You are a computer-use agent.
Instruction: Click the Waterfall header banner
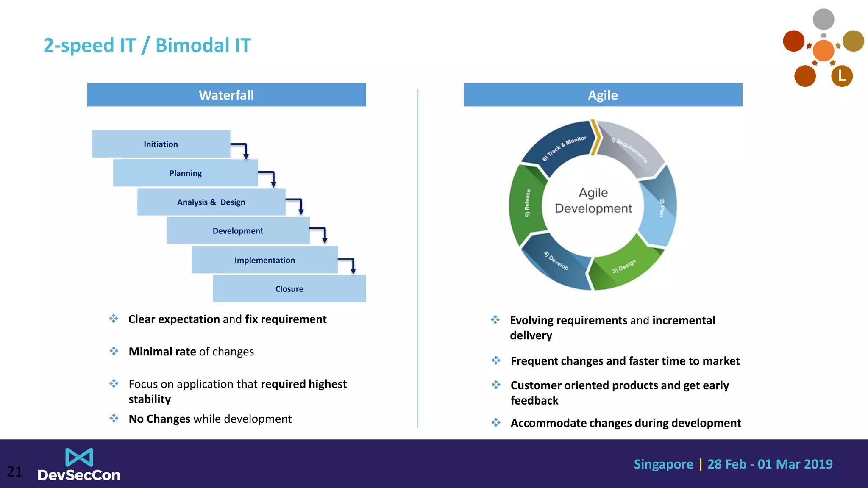click(x=226, y=95)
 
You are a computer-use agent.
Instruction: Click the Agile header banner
click(x=603, y=95)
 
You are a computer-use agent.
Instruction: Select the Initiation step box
click(x=161, y=144)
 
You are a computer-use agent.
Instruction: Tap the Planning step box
click(x=185, y=173)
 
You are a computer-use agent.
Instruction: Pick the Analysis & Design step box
click(x=211, y=202)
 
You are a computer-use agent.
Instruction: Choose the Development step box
click(x=238, y=231)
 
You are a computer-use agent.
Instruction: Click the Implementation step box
click(x=264, y=260)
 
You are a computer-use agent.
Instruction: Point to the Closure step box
click(x=289, y=289)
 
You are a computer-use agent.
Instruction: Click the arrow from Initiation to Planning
click(x=242, y=149)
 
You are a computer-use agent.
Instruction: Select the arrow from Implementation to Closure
click(x=349, y=263)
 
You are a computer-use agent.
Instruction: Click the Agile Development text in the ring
click(x=593, y=200)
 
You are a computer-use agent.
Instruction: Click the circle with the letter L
click(x=842, y=76)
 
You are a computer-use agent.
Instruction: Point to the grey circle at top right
click(x=823, y=19)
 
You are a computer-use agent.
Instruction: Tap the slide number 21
click(x=14, y=471)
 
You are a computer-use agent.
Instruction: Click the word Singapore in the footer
click(x=663, y=464)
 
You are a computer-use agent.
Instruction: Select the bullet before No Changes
click(x=114, y=419)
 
